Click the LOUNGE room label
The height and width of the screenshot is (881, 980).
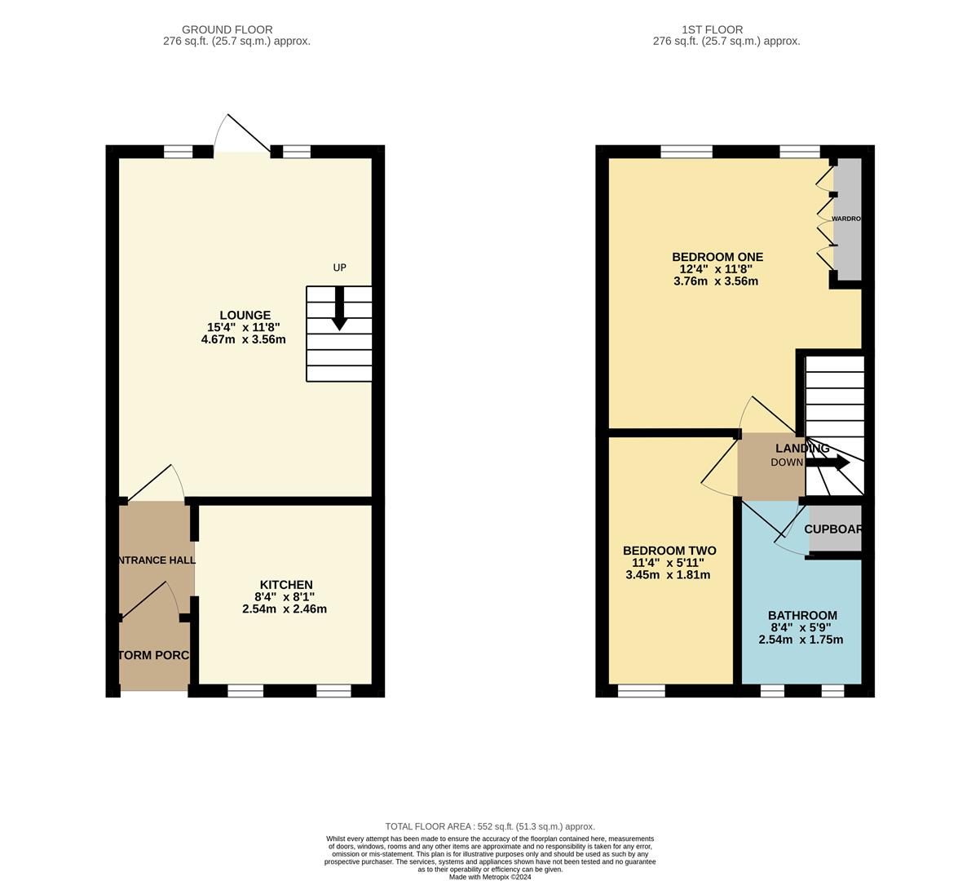[245, 316]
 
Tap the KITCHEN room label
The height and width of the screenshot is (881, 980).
[286, 585]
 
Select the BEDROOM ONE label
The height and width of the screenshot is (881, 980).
[717, 257]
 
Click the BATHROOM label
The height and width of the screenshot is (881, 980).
[802, 616]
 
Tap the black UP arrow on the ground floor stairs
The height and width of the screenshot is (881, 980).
[339, 309]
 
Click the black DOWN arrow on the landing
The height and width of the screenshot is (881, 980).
[828, 463]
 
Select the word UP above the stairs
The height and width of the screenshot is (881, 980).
[340, 268]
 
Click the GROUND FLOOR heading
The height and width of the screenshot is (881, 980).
[227, 29]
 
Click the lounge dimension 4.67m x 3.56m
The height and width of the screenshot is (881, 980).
[243, 339]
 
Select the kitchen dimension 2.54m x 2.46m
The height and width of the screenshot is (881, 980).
[285, 609]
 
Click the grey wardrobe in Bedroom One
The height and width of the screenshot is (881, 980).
[848, 219]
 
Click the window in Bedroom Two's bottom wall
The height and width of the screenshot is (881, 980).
[642, 691]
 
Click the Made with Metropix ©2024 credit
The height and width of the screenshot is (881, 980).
[490, 877]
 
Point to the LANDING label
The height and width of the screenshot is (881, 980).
[802, 449]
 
